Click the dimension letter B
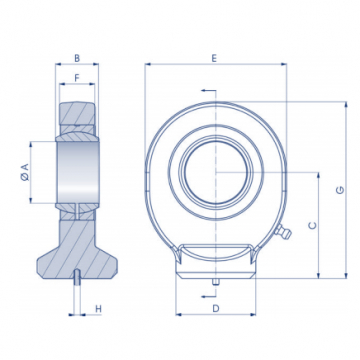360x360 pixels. pyautogui.click(x=77, y=58)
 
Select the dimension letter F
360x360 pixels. pyautogui.click(x=77, y=78)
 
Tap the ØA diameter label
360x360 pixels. pyautogui.click(x=25, y=172)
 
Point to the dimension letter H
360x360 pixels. pyautogui.click(x=98, y=309)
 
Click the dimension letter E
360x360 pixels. pyautogui.click(x=214, y=58)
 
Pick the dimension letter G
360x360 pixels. pyautogui.click(x=340, y=190)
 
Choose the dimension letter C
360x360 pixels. pyautogui.click(x=313, y=226)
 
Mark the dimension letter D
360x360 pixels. pyautogui.click(x=216, y=309)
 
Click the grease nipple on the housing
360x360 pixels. pyautogui.click(x=283, y=231)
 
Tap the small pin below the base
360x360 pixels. pyautogui.click(x=216, y=282)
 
